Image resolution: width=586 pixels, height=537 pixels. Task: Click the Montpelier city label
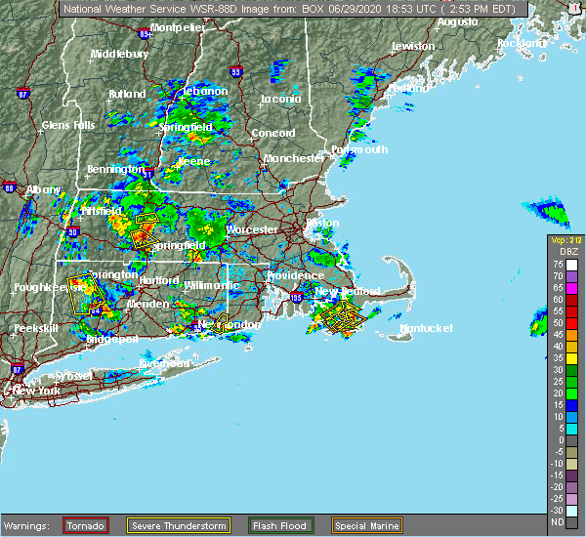pyautogui.click(x=178, y=27)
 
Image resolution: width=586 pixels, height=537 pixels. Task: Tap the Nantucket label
pyautogui.click(x=427, y=328)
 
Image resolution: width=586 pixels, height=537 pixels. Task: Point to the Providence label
pyautogui.click(x=295, y=275)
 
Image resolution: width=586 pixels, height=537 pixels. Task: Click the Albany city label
pyautogui.click(x=43, y=189)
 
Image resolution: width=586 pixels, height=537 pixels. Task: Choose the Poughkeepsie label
pyautogui.click(x=47, y=288)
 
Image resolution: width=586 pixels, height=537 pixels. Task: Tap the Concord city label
pyautogui.click(x=272, y=133)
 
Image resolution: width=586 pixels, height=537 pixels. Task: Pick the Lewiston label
pyautogui.click(x=412, y=46)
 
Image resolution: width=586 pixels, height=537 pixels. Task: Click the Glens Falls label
pyautogui.click(x=68, y=125)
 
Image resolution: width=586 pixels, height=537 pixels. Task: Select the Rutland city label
pyautogui.click(x=127, y=94)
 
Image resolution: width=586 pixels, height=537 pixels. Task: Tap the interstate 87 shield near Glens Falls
pyautogui.click(x=25, y=94)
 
